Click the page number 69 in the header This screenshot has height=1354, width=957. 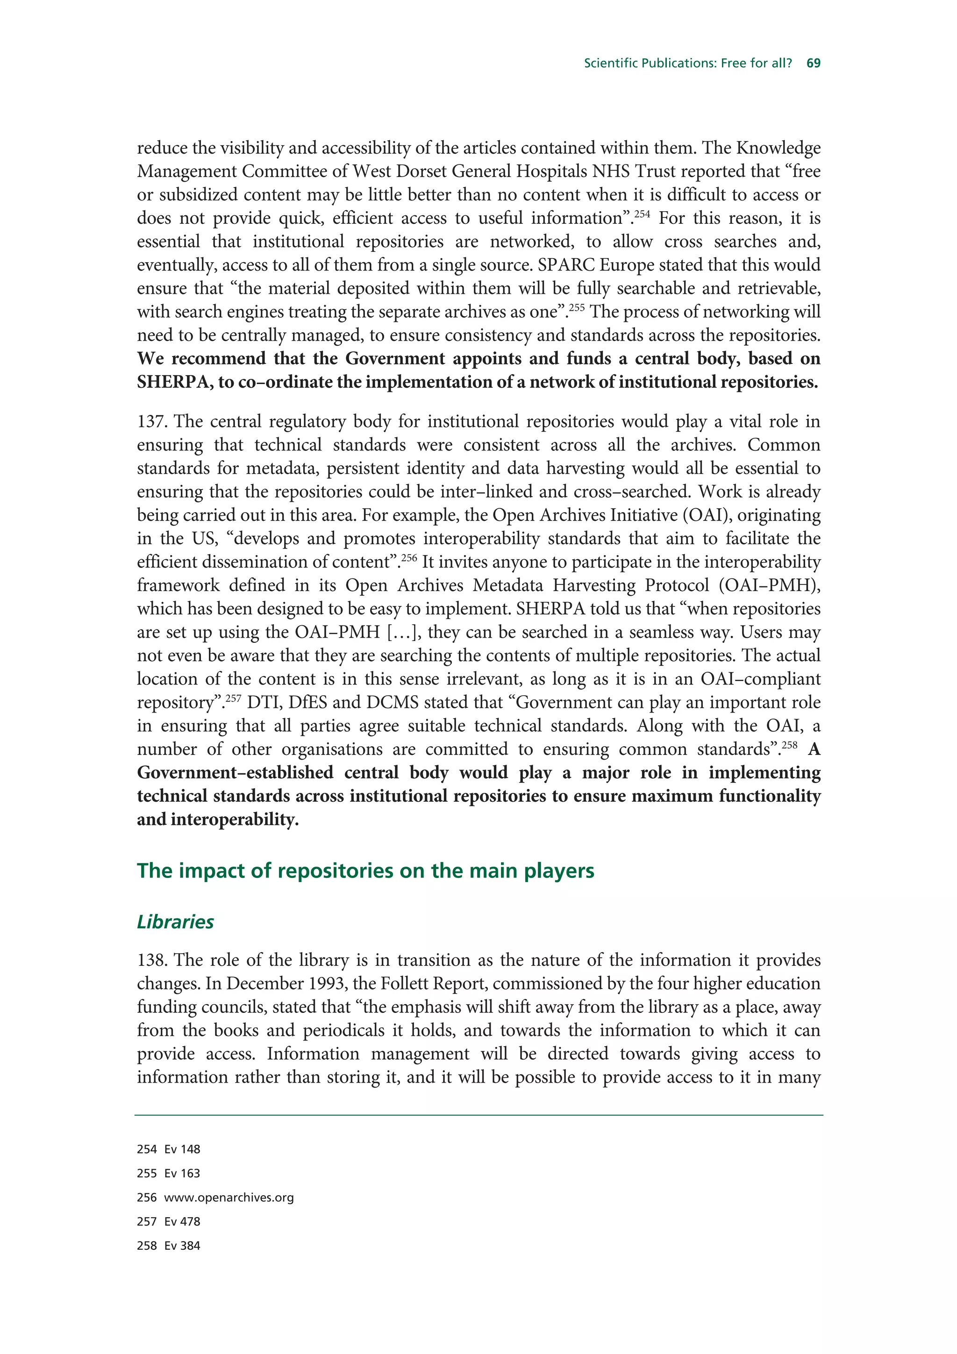813,63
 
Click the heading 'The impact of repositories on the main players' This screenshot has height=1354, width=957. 365,870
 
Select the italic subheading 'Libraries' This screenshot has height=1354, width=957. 175,922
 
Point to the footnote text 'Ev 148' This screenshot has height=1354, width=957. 182,1149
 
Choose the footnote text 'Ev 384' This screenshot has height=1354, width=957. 182,1246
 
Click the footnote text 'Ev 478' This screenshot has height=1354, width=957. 182,1221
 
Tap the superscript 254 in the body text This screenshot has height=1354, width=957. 642,214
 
